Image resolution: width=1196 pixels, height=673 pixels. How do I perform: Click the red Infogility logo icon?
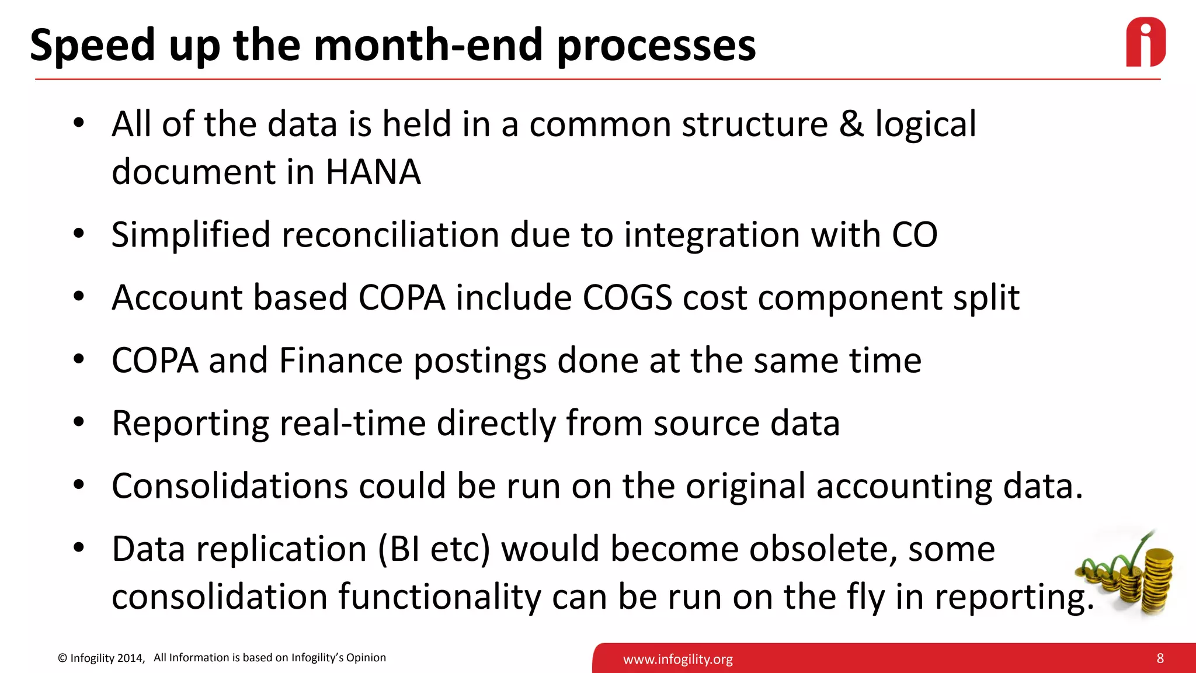coord(1145,42)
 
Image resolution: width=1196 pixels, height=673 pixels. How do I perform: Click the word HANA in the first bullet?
coord(373,172)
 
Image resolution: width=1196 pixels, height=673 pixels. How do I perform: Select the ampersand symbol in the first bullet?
coord(851,124)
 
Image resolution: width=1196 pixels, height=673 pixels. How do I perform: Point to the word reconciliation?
coord(390,235)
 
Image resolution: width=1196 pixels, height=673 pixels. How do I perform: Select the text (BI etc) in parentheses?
coord(434,549)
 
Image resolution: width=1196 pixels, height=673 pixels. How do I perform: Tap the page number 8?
coord(1160,658)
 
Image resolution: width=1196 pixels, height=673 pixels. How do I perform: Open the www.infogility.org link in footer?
coord(677,660)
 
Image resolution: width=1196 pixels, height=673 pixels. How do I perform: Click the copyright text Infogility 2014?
coord(106,658)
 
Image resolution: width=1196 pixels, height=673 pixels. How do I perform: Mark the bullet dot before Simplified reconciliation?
coord(79,234)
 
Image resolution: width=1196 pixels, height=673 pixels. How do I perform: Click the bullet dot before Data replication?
coord(79,548)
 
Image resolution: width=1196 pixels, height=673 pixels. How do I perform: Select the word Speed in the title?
coord(92,46)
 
